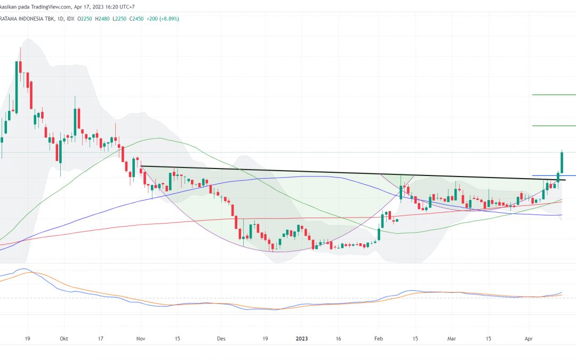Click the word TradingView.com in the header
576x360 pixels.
(x=52, y=7)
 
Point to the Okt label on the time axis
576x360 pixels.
(x=64, y=338)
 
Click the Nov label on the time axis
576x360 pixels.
(x=141, y=338)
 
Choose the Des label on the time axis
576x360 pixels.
(x=221, y=338)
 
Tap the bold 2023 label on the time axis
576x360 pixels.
(x=302, y=338)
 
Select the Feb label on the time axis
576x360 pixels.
(x=379, y=338)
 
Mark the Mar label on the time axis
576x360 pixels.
(x=452, y=338)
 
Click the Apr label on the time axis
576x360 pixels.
(x=529, y=338)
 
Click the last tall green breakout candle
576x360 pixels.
(x=562, y=163)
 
